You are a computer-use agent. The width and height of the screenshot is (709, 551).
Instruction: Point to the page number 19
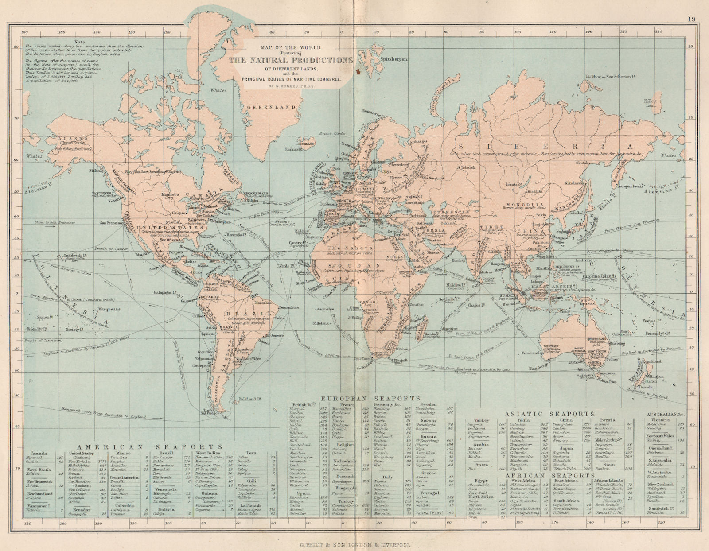[692, 7]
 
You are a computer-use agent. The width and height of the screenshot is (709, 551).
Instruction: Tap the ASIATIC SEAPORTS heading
[551, 413]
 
